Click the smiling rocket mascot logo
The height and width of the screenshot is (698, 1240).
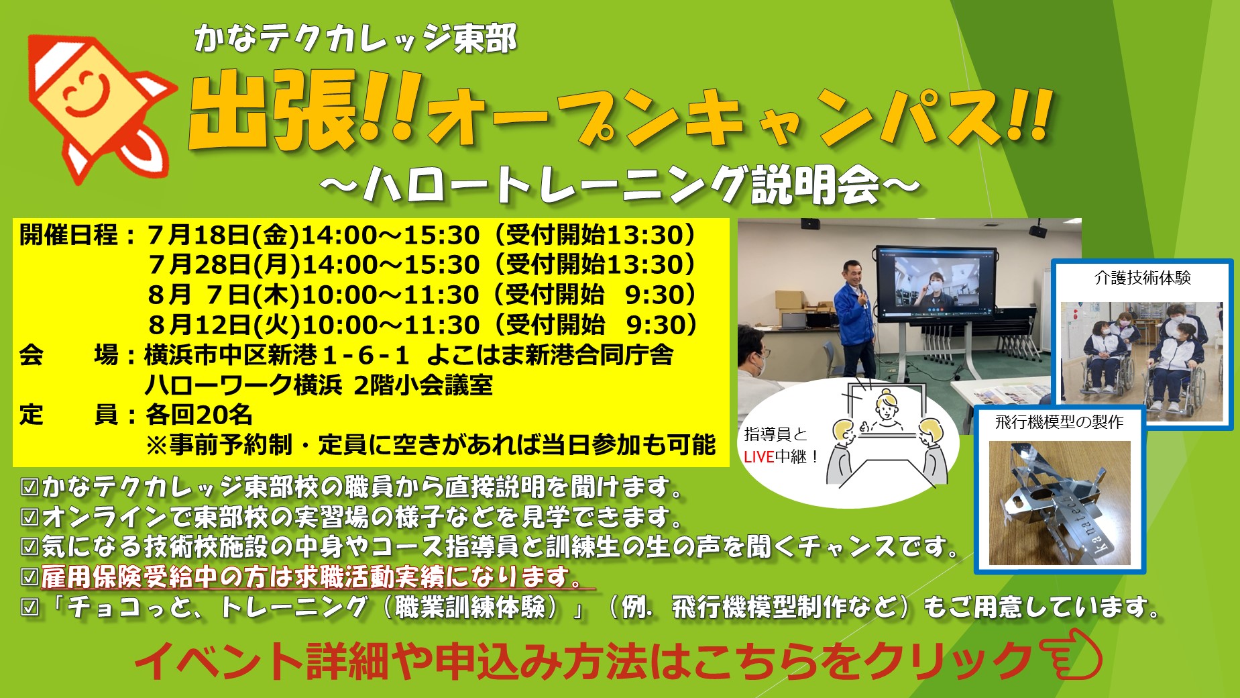[101, 107]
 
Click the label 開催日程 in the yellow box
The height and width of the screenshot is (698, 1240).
[68, 235]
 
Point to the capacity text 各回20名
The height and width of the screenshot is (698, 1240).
[199, 415]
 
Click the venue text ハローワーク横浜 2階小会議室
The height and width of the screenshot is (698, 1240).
[319, 385]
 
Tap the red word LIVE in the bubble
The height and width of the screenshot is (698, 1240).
[759, 457]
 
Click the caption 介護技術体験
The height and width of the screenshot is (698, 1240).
[1143, 278]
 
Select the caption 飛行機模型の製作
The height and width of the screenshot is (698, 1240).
[1060, 422]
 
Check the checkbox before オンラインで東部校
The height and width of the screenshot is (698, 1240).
[30, 517]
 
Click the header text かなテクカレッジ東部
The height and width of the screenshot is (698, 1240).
[355, 38]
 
